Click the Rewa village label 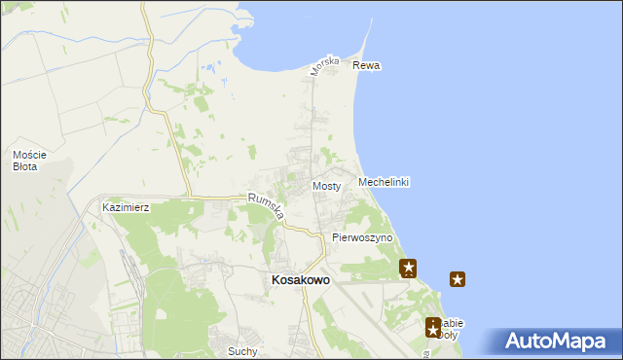366,66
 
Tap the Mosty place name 325,186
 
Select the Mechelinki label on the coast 383,183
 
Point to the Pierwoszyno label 361,237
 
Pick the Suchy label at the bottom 241,351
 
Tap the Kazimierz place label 125,208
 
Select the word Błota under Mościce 25,167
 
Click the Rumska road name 266,206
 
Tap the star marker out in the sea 458,280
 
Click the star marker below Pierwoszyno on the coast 409,268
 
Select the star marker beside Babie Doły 433,329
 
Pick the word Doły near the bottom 448,335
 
